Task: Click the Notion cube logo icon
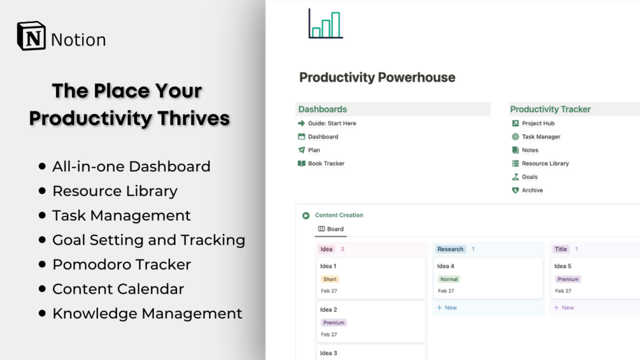(x=31, y=36)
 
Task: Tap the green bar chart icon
(x=325, y=24)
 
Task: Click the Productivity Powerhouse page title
(x=377, y=77)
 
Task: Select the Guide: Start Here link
(x=332, y=123)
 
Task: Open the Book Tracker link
(x=326, y=163)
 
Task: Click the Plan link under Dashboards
(x=314, y=150)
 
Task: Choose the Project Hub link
(x=538, y=123)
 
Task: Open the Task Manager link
(x=541, y=137)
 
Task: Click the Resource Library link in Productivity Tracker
(x=545, y=163)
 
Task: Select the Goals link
(x=529, y=176)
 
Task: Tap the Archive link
(x=532, y=191)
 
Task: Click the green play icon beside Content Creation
(x=306, y=215)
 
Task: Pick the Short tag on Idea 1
(x=330, y=279)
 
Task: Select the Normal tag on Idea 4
(x=448, y=279)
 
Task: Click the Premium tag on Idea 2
(x=334, y=322)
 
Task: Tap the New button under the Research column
(x=446, y=307)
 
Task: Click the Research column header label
(x=450, y=249)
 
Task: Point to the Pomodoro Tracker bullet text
(x=122, y=264)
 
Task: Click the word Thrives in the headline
(x=194, y=119)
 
